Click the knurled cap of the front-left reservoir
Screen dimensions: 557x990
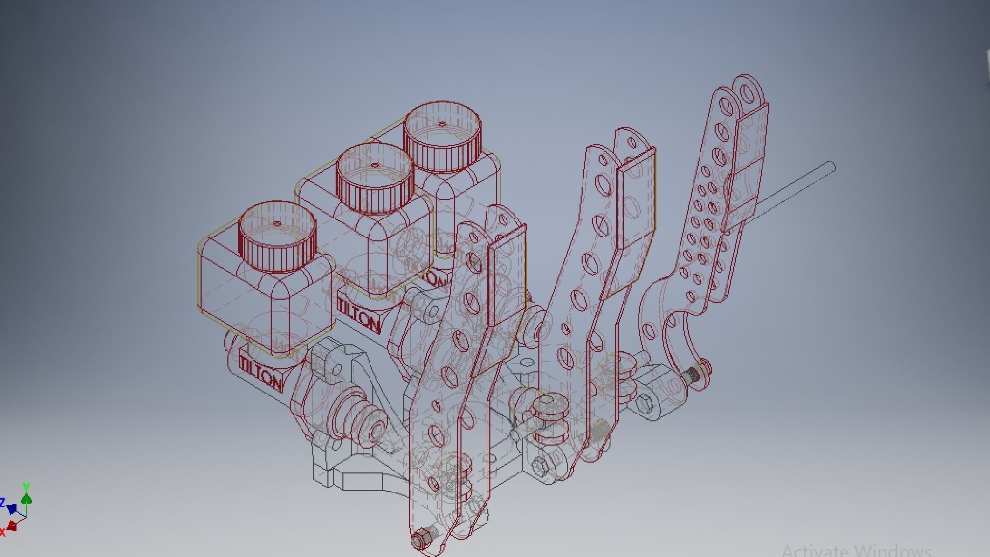(277, 238)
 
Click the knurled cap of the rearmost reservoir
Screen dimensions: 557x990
(442, 138)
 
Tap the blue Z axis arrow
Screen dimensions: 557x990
(10, 509)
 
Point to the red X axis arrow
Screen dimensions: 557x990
(11, 527)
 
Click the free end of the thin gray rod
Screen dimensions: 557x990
(831, 166)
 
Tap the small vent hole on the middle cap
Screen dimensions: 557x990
(375, 166)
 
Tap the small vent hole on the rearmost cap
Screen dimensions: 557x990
(442, 124)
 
